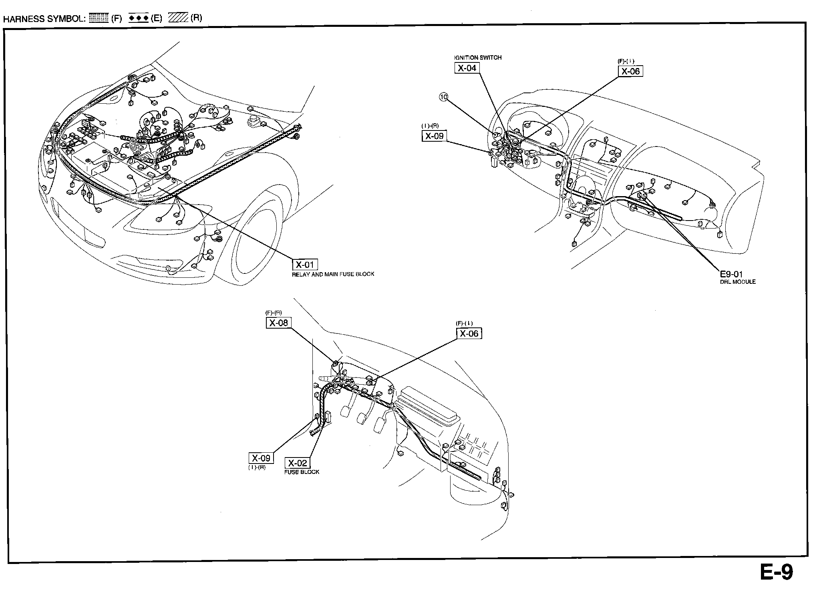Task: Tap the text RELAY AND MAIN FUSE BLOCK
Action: [333, 274]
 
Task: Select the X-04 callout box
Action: [467, 68]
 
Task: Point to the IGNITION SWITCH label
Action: [478, 58]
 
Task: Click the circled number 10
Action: [443, 96]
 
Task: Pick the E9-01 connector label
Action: [731, 274]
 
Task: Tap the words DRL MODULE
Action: [738, 282]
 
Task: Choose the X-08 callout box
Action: [278, 323]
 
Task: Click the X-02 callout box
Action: [297, 463]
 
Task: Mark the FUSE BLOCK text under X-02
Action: [302, 472]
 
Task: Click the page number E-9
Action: [776, 572]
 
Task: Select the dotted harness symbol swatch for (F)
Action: [99, 18]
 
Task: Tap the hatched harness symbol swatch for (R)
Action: [178, 18]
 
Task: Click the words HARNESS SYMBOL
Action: [44, 19]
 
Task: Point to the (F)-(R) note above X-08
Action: [274, 313]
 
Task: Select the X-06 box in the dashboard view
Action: [630, 71]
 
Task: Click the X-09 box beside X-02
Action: [261, 458]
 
